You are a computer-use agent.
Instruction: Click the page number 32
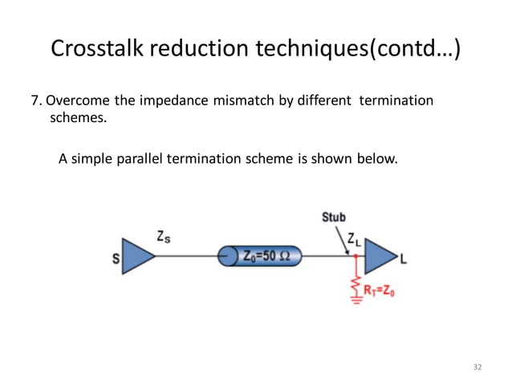(x=477, y=367)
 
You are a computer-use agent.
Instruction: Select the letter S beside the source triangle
(x=116, y=259)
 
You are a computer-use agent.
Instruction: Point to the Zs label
(x=163, y=236)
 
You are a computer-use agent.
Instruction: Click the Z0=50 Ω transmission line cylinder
(x=259, y=257)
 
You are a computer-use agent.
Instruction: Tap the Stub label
(x=334, y=217)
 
